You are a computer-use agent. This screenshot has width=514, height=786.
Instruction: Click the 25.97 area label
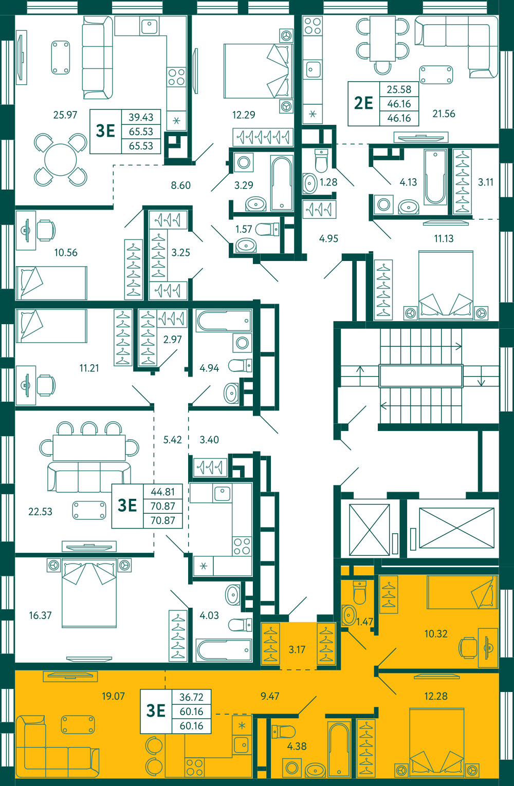click(x=65, y=115)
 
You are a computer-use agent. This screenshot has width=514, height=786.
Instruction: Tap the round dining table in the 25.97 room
click(x=60, y=160)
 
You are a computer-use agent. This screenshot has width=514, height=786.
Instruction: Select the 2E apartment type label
click(x=363, y=103)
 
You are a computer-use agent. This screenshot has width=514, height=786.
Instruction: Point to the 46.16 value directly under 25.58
click(x=399, y=104)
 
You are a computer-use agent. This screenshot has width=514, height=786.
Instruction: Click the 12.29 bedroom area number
click(x=244, y=115)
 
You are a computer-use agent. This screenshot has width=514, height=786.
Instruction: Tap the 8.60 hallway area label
click(x=181, y=185)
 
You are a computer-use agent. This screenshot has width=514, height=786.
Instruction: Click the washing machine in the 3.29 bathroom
click(x=244, y=162)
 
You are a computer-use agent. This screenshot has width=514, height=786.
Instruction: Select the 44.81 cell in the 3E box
click(x=162, y=492)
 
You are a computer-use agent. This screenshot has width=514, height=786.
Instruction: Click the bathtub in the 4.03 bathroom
click(x=224, y=650)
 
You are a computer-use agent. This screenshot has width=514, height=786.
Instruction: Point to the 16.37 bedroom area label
click(x=41, y=615)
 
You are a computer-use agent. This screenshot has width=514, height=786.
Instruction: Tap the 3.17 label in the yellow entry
click(x=297, y=649)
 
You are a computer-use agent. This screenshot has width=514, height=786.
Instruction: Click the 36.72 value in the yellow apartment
click(x=191, y=697)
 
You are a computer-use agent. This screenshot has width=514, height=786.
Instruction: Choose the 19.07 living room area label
click(x=113, y=696)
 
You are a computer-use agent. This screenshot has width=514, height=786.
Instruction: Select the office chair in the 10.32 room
click(x=468, y=646)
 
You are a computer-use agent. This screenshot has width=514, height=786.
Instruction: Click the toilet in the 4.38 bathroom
click(x=283, y=732)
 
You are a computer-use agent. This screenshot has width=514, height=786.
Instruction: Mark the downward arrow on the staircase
click(x=481, y=376)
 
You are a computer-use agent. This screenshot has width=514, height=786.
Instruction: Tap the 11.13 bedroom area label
click(x=444, y=238)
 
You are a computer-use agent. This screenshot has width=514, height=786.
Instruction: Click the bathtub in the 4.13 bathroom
click(x=435, y=177)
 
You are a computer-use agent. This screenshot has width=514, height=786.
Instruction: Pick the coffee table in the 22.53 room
click(x=89, y=510)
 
